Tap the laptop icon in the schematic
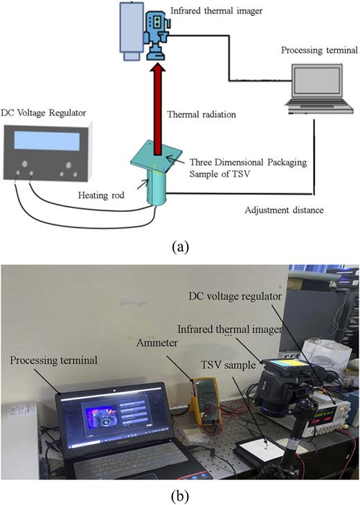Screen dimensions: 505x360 (311, 87)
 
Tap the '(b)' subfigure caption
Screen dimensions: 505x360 (179, 494)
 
